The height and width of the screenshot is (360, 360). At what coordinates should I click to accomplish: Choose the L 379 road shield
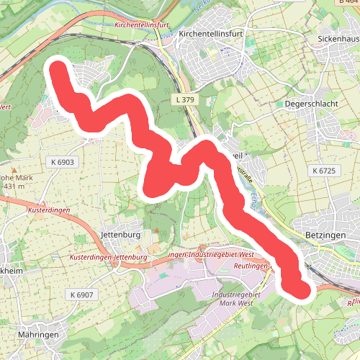point(186,99)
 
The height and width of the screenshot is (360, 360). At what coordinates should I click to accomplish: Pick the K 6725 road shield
point(325,171)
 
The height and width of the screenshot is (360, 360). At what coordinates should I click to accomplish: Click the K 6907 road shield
point(83,294)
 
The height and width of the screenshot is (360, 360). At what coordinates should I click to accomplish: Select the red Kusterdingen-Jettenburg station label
point(109,257)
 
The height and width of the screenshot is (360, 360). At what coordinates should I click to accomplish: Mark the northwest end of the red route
point(58,70)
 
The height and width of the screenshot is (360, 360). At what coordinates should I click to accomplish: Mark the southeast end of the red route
point(302,289)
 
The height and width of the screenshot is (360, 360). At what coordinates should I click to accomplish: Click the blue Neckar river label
point(199,9)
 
